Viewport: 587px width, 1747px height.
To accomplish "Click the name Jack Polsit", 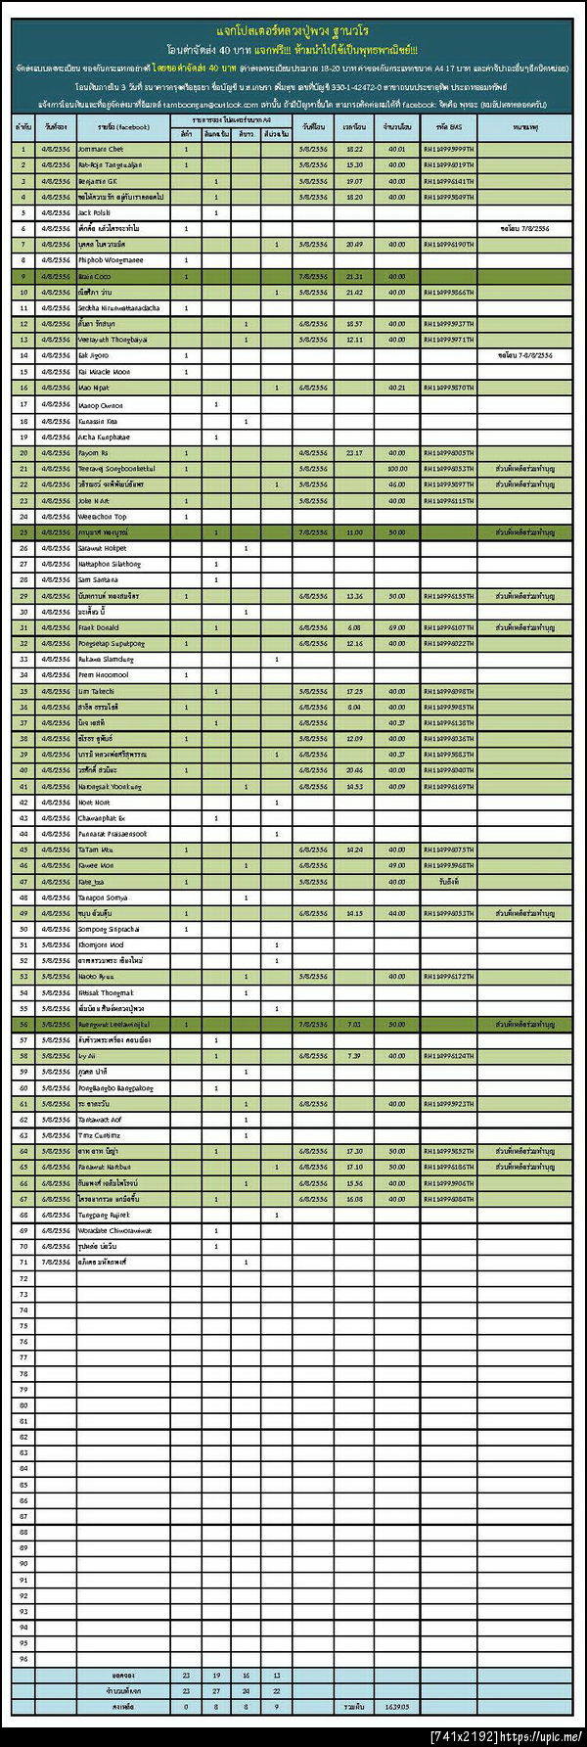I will pyautogui.click(x=94, y=212).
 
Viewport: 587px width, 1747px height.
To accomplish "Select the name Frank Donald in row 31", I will pyautogui.click(x=98, y=627).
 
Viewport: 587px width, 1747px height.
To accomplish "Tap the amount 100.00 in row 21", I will pyautogui.click(x=396, y=469).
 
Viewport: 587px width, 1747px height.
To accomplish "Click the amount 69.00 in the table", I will pyautogui.click(x=396, y=627).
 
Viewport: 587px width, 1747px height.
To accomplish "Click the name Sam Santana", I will pyautogui.click(x=98, y=580).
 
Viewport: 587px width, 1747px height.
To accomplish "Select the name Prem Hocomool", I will pyautogui.click(x=103, y=675).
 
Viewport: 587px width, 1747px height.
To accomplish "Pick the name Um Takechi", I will pyautogui.click(x=96, y=691).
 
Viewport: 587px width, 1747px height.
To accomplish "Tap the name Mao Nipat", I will pyautogui.click(x=94, y=388).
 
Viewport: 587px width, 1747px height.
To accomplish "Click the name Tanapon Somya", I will pyautogui.click(x=102, y=897).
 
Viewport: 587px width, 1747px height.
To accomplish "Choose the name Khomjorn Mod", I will pyautogui.click(x=100, y=945).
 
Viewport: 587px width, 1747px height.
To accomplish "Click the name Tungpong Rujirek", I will pyautogui.click(x=103, y=1215).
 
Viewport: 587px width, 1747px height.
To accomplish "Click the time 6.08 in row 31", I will pyautogui.click(x=354, y=627).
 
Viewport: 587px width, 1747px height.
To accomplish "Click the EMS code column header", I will pyautogui.click(x=448, y=127).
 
